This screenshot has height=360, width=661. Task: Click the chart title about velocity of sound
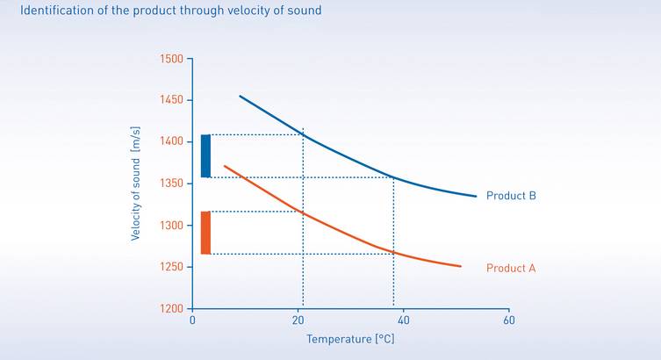pyautogui.click(x=170, y=11)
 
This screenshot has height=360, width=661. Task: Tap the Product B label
pyautogui.click(x=510, y=196)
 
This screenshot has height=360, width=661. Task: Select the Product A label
pyautogui.click(x=510, y=268)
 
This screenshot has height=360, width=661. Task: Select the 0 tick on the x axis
pyautogui.click(x=192, y=320)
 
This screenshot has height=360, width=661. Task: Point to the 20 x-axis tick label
pyautogui.click(x=298, y=320)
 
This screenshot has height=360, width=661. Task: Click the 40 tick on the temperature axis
pyautogui.click(x=403, y=320)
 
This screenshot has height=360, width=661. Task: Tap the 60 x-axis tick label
pyautogui.click(x=508, y=320)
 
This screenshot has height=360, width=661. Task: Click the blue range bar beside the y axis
pyautogui.click(x=205, y=156)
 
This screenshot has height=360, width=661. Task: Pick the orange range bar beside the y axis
pyautogui.click(x=205, y=233)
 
